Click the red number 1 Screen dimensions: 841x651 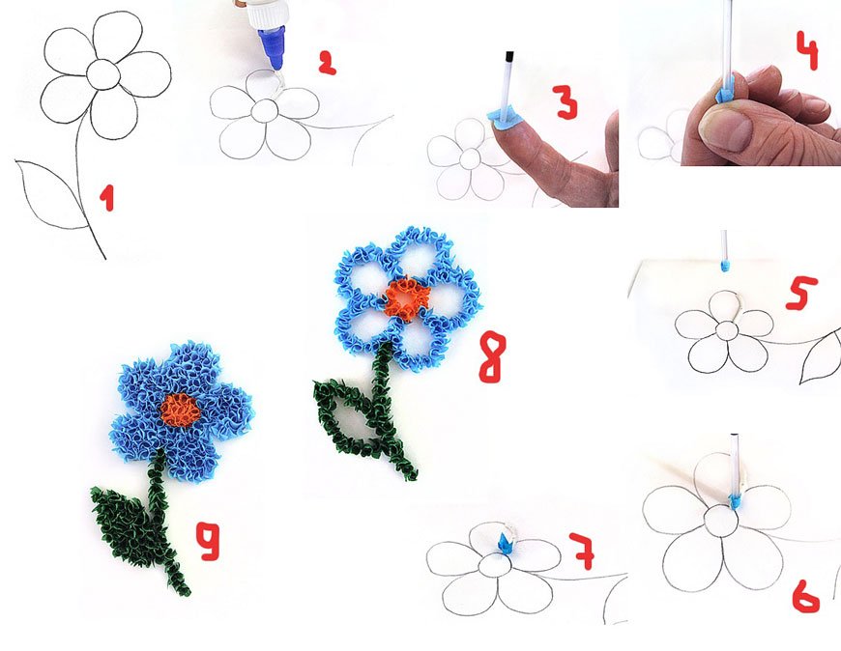tap(107, 198)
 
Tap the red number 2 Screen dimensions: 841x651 tap(327, 63)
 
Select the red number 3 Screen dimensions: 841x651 tap(566, 100)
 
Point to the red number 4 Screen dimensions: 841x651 tap(807, 50)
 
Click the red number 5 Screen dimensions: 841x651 tap(801, 293)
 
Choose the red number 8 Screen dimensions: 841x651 tap(492, 356)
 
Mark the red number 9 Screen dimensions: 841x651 tap(208, 541)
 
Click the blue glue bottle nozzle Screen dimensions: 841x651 tap(272, 49)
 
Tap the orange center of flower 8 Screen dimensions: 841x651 tap(407, 297)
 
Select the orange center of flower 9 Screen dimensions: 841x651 tap(180, 410)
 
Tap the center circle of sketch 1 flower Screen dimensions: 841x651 tap(103, 74)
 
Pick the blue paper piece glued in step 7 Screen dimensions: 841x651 tap(505, 543)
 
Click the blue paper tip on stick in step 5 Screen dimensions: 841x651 tap(725, 266)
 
